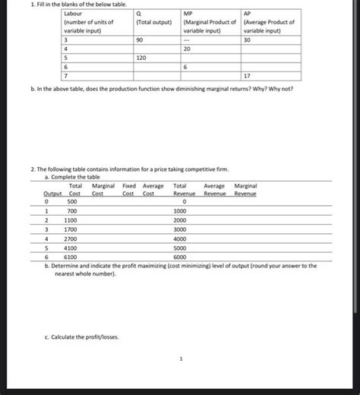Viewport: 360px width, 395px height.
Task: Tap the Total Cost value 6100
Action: pyautogui.click(x=71, y=256)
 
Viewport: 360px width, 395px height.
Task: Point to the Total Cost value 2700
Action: pyautogui.click(x=71, y=238)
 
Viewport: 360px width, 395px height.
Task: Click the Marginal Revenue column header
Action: pyautogui.click(x=245, y=190)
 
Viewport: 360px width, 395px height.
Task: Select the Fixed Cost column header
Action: pyautogui.click(x=129, y=190)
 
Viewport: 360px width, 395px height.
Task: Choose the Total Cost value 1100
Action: pyautogui.click(x=71, y=220)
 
